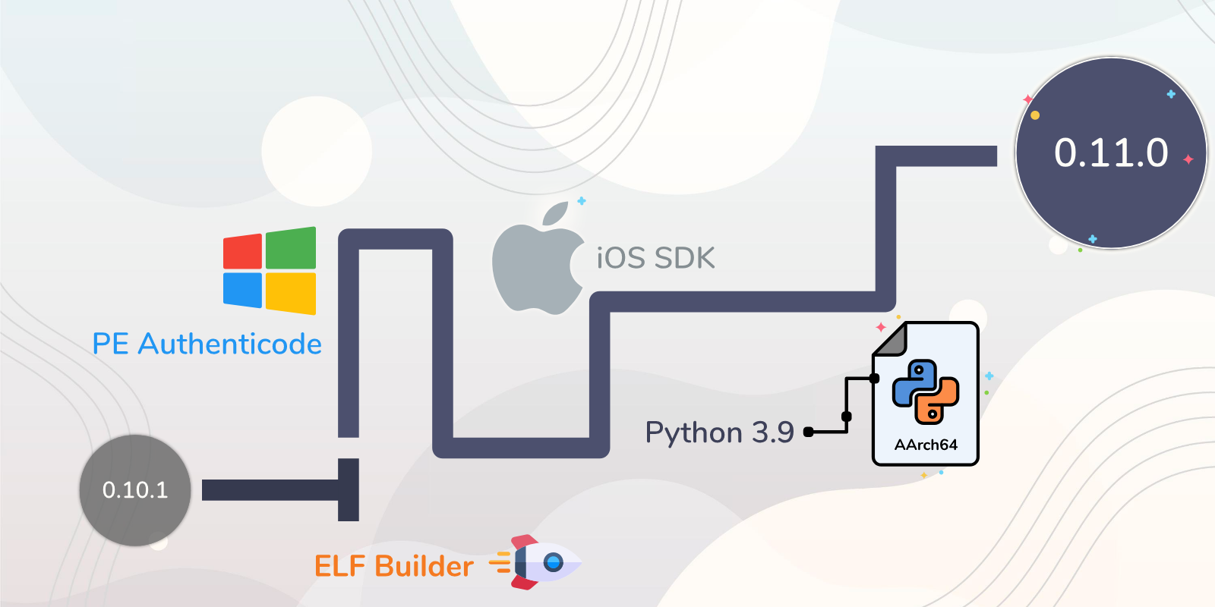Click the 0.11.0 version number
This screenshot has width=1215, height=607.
(x=1111, y=153)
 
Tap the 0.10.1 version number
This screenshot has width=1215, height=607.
(x=135, y=490)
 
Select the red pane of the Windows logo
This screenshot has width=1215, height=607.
(x=242, y=251)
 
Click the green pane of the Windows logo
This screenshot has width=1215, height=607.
(x=291, y=247)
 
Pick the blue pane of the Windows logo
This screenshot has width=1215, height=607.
(x=242, y=290)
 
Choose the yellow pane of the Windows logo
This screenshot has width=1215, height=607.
(x=291, y=293)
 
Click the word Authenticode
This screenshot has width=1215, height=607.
(x=229, y=344)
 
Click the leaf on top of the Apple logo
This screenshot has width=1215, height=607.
(x=555, y=213)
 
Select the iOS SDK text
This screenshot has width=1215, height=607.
(x=656, y=258)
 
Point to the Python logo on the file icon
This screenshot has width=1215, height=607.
(x=926, y=392)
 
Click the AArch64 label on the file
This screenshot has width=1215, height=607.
(x=926, y=445)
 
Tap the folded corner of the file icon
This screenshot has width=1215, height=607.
(x=890, y=340)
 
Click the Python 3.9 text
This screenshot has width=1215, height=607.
(x=719, y=432)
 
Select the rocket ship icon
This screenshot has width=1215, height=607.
(x=535, y=562)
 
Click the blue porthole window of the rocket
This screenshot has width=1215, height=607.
(x=554, y=562)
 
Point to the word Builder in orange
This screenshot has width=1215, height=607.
(x=424, y=566)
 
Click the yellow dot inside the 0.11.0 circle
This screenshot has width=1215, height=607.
(x=1035, y=115)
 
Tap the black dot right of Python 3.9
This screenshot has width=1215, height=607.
(x=808, y=432)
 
